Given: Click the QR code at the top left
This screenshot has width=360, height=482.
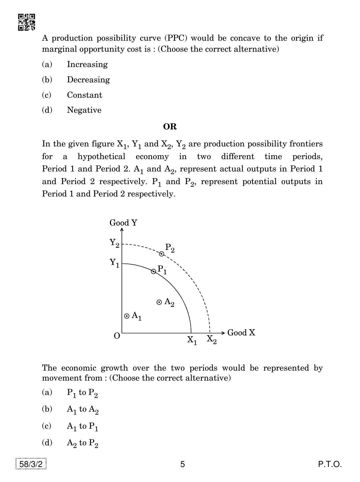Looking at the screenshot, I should (x=26, y=22).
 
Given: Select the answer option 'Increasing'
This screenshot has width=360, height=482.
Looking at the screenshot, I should (x=87, y=64).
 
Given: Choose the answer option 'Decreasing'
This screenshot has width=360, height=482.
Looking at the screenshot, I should (x=88, y=80).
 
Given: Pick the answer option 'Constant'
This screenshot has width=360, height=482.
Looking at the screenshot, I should (x=84, y=95).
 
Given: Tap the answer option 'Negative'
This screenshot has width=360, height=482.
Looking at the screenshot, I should (x=84, y=110).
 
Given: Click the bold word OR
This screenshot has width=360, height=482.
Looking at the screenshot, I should (x=170, y=127).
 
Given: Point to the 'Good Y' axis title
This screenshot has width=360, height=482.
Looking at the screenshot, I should (x=123, y=223).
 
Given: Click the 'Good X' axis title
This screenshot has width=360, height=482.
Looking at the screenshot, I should (x=241, y=333).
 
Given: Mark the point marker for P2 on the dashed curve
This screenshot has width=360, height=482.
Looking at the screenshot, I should (x=162, y=254).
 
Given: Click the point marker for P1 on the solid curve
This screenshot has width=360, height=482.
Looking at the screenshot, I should (x=154, y=272).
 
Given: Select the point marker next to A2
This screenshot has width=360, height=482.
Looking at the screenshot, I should (x=159, y=302).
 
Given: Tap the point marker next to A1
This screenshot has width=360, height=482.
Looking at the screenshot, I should (x=127, y=316).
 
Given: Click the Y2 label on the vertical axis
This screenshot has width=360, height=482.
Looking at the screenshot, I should (x=114, y=243).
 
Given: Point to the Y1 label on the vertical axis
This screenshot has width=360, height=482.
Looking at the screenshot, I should (x=114, y=263).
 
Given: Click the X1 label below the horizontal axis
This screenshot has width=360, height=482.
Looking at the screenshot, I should (x=192, y=340).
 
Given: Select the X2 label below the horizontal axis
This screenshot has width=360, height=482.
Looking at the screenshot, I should (x=212, y=340).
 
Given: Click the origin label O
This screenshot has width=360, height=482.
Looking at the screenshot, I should (x=117, y=336).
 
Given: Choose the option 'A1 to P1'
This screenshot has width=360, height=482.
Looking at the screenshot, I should (x=82, y=426).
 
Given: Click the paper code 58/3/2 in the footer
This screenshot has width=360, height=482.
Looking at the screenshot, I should (x=31, y=464).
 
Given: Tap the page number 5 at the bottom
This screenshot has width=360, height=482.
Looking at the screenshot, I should (x=182, y=464).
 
